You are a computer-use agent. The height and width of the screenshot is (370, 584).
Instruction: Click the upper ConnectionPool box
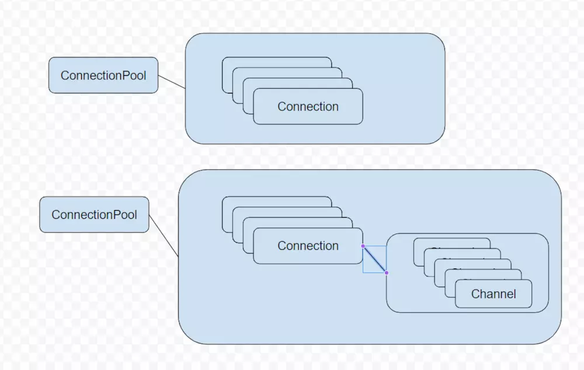(103, 75)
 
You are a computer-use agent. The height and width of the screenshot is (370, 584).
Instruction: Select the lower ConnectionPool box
(94, 215)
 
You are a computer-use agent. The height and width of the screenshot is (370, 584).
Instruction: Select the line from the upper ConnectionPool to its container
(172, 82)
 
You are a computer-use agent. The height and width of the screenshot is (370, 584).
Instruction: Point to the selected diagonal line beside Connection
(374, 259)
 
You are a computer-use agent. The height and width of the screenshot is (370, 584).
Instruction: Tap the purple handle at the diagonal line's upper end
(363, 246)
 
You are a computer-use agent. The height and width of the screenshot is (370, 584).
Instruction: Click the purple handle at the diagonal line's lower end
(386, 273)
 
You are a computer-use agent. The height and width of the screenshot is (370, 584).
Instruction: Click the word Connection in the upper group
(308, 107)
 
